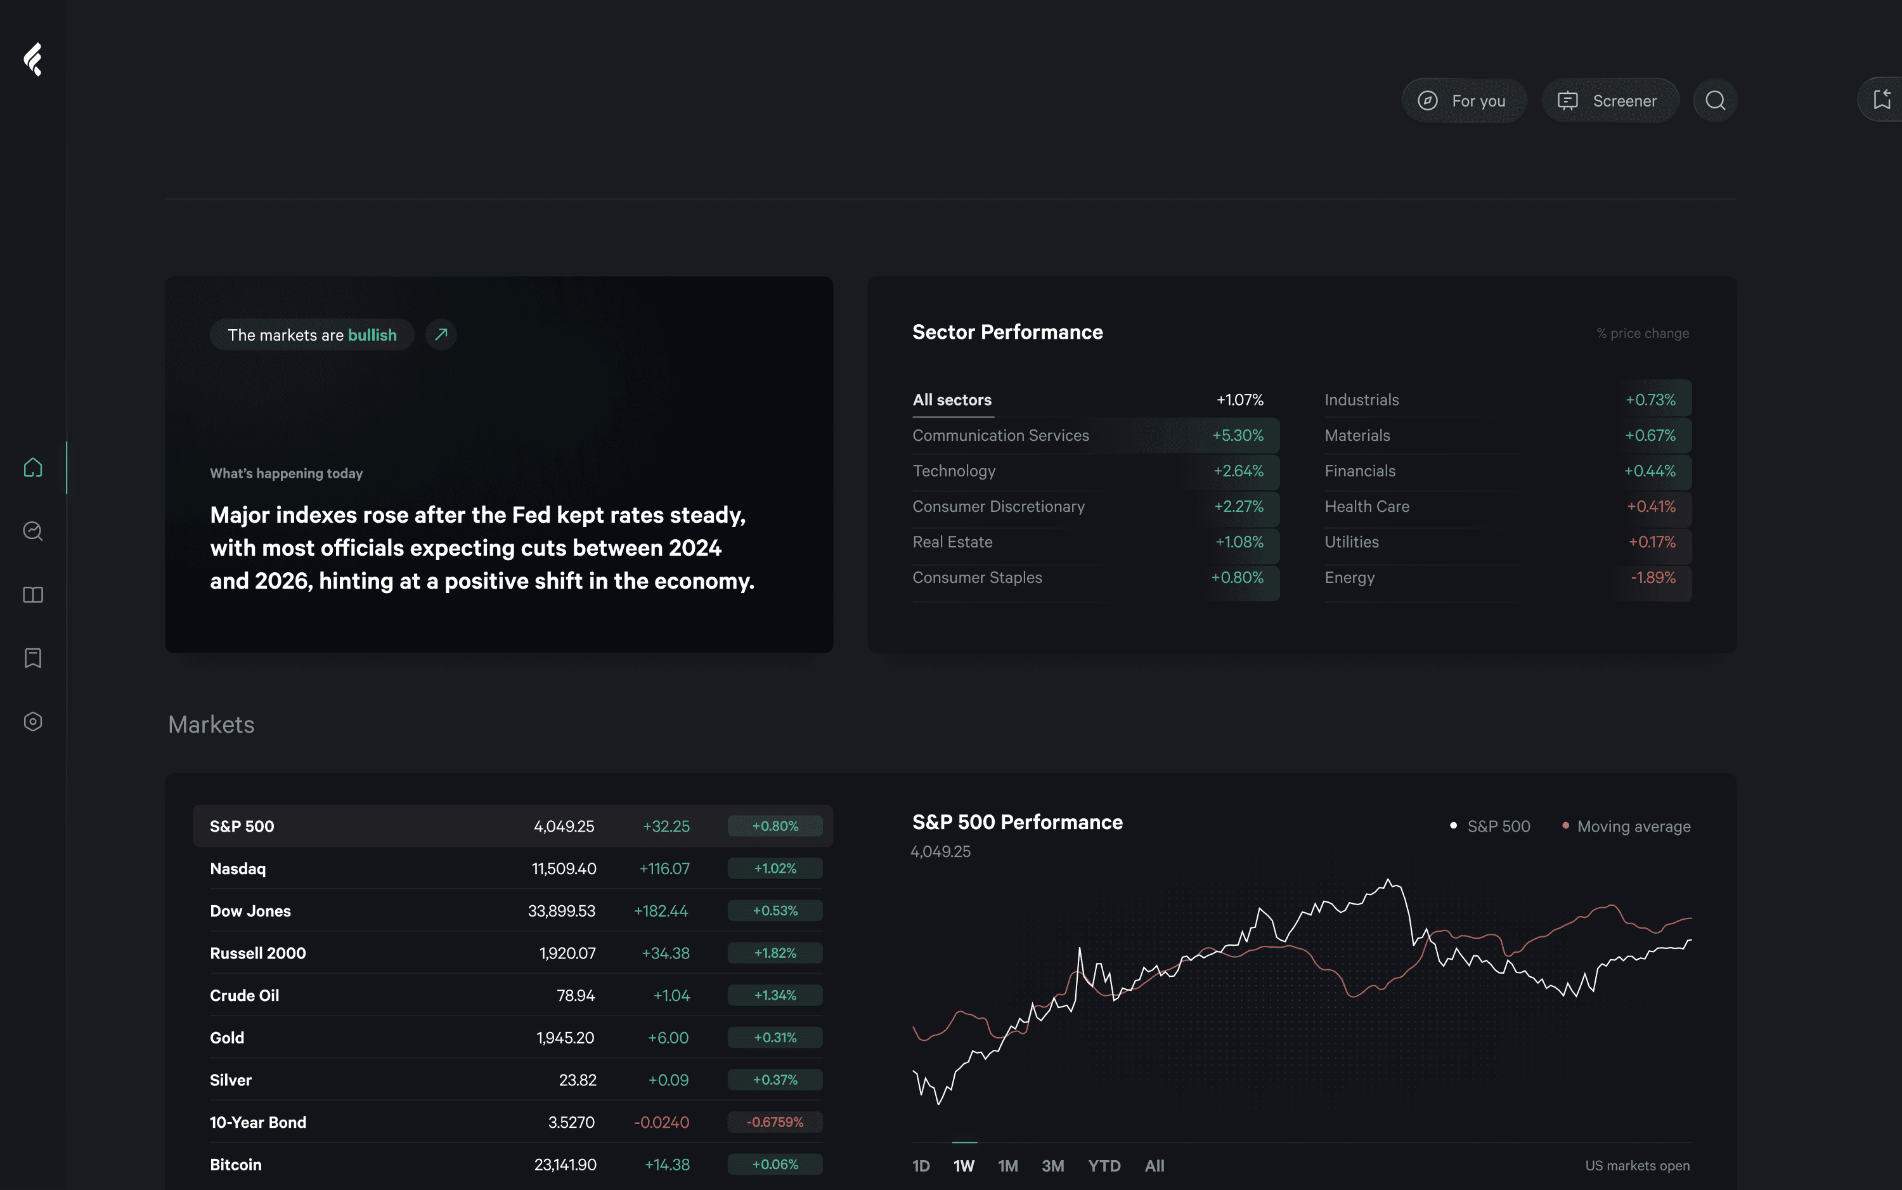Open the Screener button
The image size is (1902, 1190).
(x=1609, y=101)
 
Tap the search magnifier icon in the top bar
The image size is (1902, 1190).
(x=1715, y=101)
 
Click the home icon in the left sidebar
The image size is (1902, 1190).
(x=33, y=468)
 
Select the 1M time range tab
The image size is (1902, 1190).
(x=1007, y=1166)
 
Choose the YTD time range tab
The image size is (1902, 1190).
(x=1104, y=1166)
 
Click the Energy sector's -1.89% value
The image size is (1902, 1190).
(x=1653, y=578)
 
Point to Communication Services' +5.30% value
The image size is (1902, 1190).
(x=1238, y=435)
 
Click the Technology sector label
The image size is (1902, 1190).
(x=954, y=471)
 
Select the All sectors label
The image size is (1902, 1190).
(x=952, y=400)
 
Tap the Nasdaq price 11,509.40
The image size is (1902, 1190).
(x=564, y=868)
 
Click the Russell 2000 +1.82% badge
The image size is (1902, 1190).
(x=775, y=953)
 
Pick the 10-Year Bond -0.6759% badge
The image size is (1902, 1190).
(x=775, y=1122)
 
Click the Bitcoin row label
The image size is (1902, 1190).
(x=235, y=1165)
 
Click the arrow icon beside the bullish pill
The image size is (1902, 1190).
(x=441, y=334)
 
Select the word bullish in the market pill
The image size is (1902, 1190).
(x=372, y=336)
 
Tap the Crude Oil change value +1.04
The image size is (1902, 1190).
(x=671, y=996)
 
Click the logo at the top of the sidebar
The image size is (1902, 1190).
(x=33, y=60)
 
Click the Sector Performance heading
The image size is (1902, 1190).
(x=1007, y=332)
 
